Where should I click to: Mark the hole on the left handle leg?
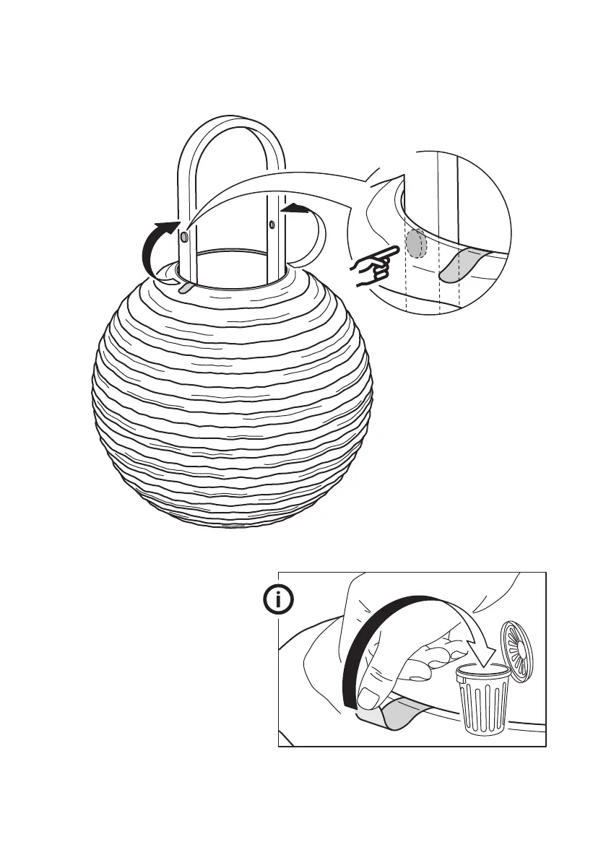point(184,237)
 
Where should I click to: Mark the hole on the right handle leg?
point(271,225)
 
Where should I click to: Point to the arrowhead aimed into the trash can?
point(480,658)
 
